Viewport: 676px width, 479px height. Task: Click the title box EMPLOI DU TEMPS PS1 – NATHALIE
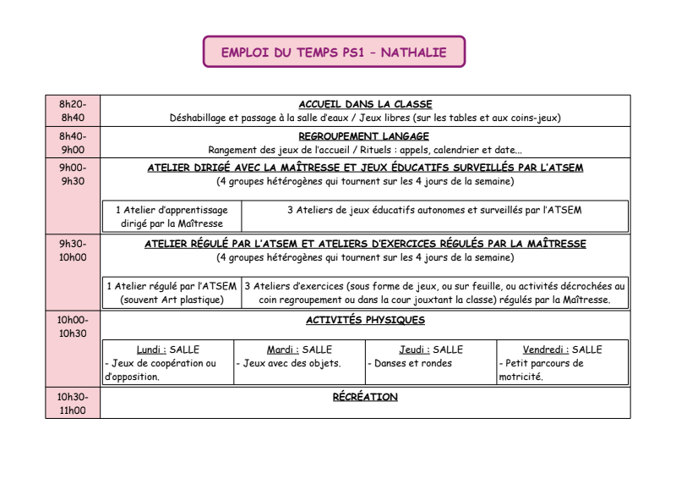334,52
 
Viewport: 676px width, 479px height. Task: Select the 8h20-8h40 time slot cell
73,111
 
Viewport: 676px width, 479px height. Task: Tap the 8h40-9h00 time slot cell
73,143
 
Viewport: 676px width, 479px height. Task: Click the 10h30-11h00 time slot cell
73,403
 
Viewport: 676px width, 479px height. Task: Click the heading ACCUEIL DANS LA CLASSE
365,104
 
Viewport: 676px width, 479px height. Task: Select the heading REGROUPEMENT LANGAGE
364,136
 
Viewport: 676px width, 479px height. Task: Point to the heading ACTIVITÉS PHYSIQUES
365,321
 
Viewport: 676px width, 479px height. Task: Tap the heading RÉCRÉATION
365,397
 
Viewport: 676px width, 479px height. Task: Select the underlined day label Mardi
281,350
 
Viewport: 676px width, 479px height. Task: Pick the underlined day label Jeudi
414,350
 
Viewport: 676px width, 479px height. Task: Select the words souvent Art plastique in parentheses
172,300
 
